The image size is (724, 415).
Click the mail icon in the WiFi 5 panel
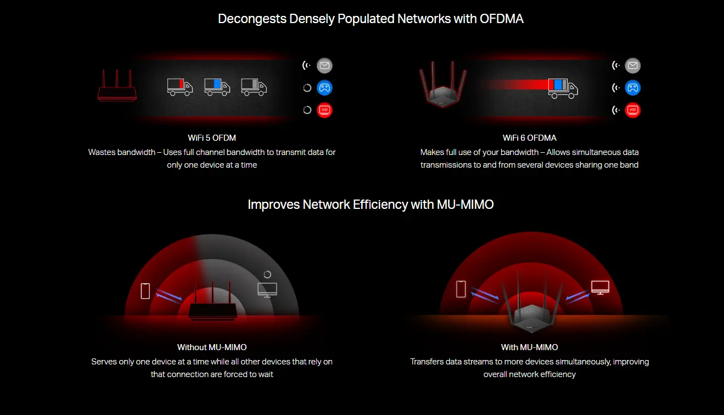pyautogui.click(x=324, y=66)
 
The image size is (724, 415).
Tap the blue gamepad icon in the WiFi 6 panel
pyautogui.click(x=632, y=88)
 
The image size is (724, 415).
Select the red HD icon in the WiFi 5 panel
pyautogui.click(x=324, y=110)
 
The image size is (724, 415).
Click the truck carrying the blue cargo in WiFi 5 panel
pyautogui.click(x=217, y=87)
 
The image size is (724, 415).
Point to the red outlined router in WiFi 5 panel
pyautogui.click(x=117, y=85)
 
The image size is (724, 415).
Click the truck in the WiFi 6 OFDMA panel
pyautogui.click(x=563, y=88)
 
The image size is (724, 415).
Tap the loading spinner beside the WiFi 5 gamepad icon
pyautogui.click(x=307, y=88)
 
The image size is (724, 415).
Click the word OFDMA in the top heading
pyautogui.click(x=501, y=19)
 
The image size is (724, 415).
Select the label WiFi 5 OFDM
pyautogui.click(x=212, y=138)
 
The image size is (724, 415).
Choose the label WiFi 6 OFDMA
pyautogui.click(x=530, y=138)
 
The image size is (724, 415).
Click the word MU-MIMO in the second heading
pyautogui.click(x=465, y=204)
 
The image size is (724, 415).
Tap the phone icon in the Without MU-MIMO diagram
pyautogui.click(x=145, y=291)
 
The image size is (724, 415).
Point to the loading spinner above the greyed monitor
pyautogui.click(x=267, y=274)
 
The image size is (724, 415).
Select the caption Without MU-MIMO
pyautogui.click(x=212, y=347)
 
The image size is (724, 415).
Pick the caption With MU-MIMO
pyautogui.click(x=530, y=347)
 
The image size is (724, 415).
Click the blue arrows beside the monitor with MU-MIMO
pyautogui.click(x=577, y=296)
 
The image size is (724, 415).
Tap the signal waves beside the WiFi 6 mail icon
pyautogui.click(x=616, y=66)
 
